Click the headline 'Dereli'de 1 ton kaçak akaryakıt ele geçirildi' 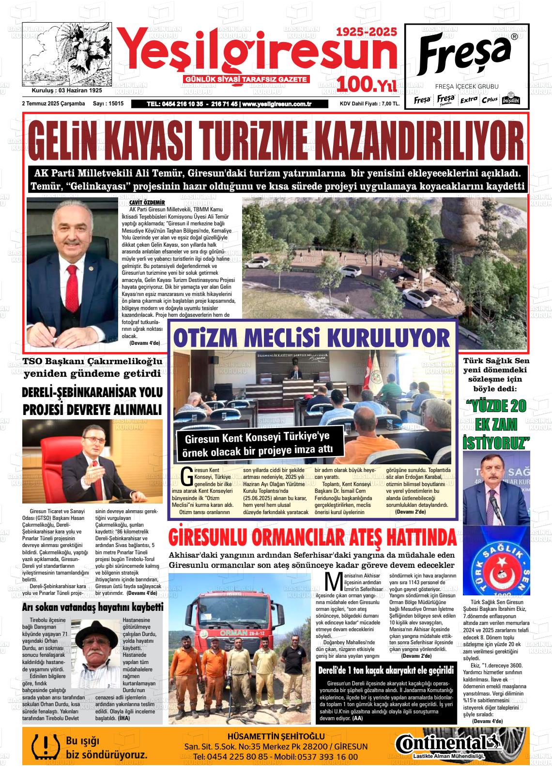pyautogui.click(x=386, y=671)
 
